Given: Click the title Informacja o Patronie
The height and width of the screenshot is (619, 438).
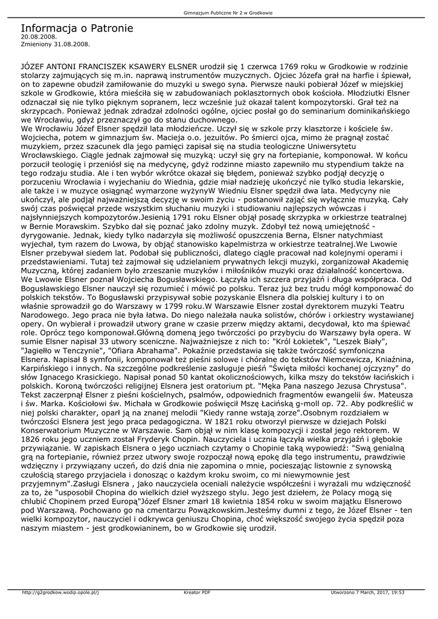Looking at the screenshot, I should (x=77, y=28).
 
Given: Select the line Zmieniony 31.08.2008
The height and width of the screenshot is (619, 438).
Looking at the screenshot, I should (x=55, y=44).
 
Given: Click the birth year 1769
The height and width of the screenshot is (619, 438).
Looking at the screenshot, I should (x=284, y=65).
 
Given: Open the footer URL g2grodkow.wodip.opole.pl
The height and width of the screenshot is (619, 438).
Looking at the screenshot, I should (x=60, y=592).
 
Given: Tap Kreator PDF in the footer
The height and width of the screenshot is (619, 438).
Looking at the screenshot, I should (x=197, y=592).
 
